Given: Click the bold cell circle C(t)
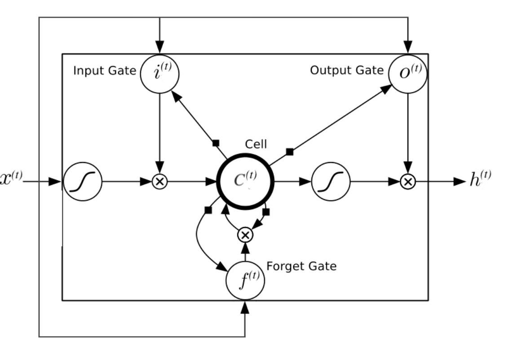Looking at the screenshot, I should click(245, 181).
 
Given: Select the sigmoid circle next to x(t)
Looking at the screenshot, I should click(83, 181).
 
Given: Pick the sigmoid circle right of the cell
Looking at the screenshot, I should click(330, 181).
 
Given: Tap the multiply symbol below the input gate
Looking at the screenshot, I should click(159, 181).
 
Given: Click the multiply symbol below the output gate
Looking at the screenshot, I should click(408, 181).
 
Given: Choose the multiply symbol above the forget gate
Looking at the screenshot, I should click(245, 234).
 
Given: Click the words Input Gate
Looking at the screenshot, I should click(104, 71).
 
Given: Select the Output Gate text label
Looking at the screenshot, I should click(346, 71).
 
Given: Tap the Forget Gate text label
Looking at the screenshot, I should click(301, 266).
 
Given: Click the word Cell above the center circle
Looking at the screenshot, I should click(256, 145).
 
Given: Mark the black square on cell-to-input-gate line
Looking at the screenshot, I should click(215, 143).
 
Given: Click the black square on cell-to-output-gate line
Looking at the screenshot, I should click(290, 152).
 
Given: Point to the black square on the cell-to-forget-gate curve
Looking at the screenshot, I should click(208, 210).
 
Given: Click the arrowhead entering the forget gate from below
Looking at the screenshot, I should click(245, 307).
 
